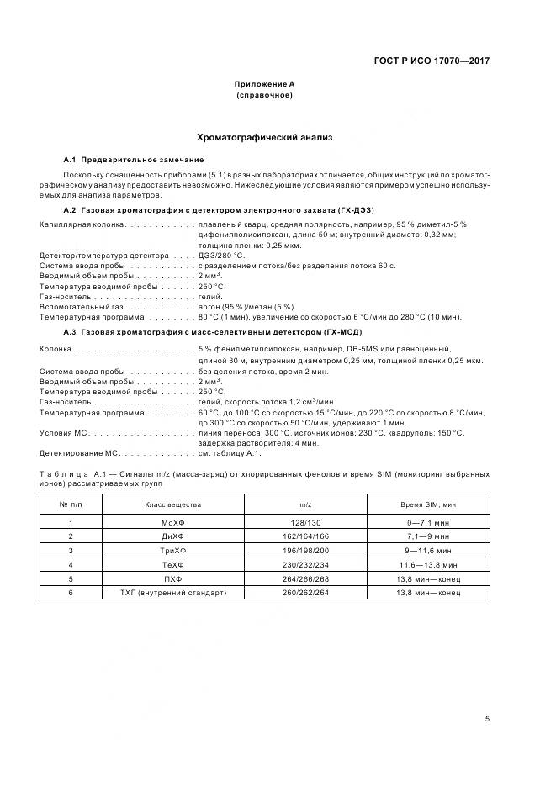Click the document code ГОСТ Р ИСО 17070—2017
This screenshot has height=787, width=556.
tap(431, 61)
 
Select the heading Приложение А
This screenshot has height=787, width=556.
tap(265, 84)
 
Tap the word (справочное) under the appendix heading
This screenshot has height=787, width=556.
tap(265, 95)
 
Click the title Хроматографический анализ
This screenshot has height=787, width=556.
tap(265, 136)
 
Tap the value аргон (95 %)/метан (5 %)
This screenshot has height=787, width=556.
tap(247, 307)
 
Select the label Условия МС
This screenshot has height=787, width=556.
tap(63, 433)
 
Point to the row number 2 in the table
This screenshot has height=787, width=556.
tap(71, 536)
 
